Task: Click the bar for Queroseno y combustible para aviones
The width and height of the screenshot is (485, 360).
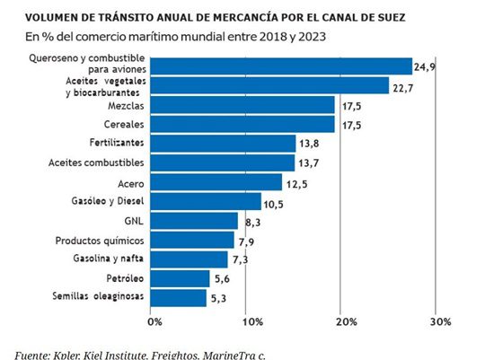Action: pyautogui.click(x=283, y=66)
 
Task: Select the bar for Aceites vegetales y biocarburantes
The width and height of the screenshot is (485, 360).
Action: pyautogui.click(x=271, y=85)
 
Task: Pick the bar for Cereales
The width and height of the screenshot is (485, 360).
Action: pyautogui.click(x=244, y=124)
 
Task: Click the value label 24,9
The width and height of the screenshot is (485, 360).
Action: pyautogui.click(x=426, y=66)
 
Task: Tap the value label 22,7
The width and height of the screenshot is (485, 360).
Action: pyautogui.click(x=402, y=85)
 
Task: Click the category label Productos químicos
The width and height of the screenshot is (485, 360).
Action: pyautogui.click(x=99, y=241)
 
